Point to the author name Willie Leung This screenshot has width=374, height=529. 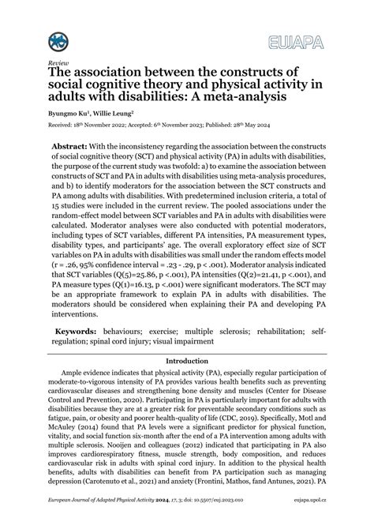(114, 114)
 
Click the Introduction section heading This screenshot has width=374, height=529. (186, 361)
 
